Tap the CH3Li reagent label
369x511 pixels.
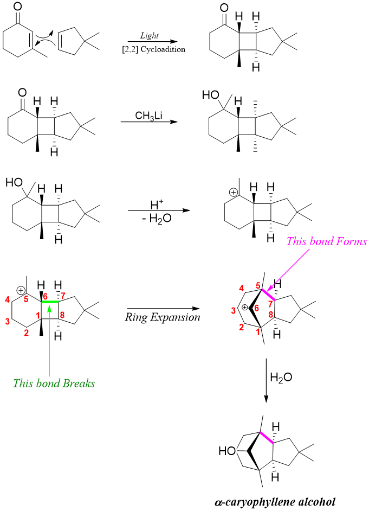point(150,116)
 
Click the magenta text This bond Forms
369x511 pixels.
point(327,241)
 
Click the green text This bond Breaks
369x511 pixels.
point(54,383)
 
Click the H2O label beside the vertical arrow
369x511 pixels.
point(281,377)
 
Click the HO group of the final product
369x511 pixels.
point(226,451)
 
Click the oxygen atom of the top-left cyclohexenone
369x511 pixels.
point(18,7)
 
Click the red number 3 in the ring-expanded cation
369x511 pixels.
point(234,310)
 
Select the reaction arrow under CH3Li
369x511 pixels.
point(150,122)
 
